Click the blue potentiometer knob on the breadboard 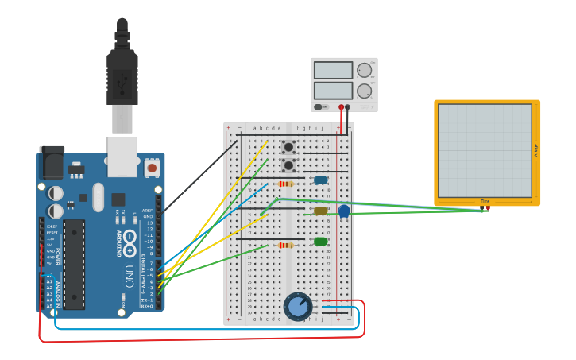click(298, 306)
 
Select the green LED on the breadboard click(320, 242)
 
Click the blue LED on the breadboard click(320, 180)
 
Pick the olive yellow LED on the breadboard click(320, 211)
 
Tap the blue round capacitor click(344, 211)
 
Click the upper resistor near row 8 click(286, 184)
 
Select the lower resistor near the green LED click(286, 245)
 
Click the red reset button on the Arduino click(152, 168)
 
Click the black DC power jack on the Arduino click(52, 165)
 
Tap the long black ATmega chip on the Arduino click(74, 265)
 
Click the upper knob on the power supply click(364, 70)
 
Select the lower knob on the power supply click(364, 91)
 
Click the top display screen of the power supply click(333, 70)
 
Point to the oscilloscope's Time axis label click(485, 201)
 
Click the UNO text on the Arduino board click(129, 276)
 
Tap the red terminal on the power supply click(341, 106)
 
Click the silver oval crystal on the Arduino click(98, 197)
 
